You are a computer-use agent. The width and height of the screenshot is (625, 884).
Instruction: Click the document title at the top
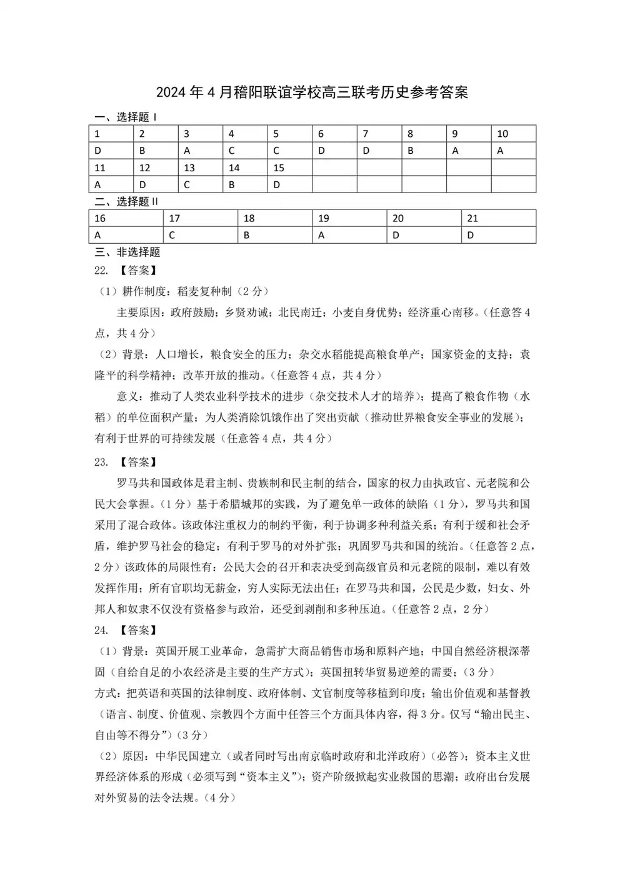[312, 93]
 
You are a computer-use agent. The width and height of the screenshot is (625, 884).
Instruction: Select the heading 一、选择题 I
[126, 117]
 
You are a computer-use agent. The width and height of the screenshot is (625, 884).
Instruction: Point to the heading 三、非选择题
[127, 252]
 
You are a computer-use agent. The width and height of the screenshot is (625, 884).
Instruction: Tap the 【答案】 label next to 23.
[137, 462]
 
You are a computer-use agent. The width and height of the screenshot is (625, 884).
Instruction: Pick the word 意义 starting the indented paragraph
[127, 396]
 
